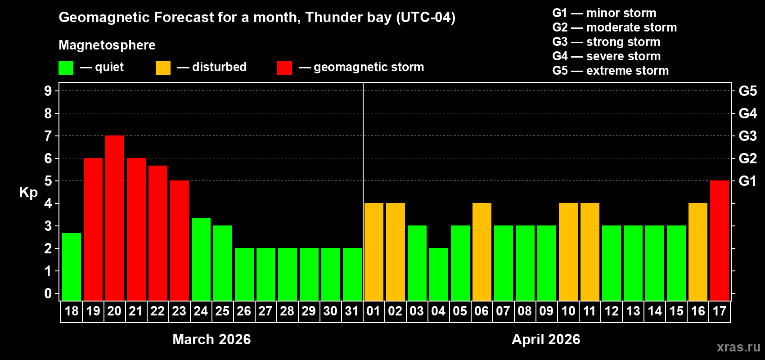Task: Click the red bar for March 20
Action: [115, 218]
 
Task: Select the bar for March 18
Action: [72, 266]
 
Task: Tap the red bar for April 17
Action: [720, 241]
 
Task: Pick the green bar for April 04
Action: [439, 274]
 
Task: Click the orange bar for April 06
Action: [482, 252]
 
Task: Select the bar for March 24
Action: [201, 259]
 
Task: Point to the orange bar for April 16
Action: [698, 252]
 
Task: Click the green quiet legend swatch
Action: [66, 68]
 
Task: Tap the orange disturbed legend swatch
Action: [163, 68]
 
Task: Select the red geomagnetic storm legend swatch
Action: [284, 68]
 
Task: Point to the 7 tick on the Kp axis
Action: [48, 136]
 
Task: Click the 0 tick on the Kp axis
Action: [48, 294]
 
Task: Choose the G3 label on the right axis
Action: [747, 136]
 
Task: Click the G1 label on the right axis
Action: [747, 181]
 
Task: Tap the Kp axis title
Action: [28, 193]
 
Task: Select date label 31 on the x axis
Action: [352, 311]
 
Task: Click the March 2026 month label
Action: [211, 339]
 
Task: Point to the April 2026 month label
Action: [546, 339]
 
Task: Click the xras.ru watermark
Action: [738, 347]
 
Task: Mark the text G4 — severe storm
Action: [606, 56]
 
